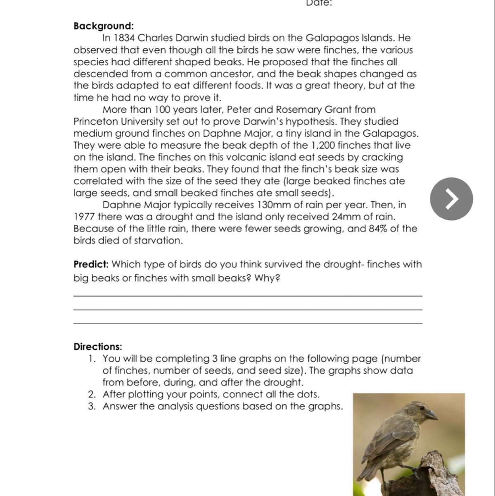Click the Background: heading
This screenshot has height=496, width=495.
tap(104, 26)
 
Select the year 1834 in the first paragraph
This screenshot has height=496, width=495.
tap(124, 38)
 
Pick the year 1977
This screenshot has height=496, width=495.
tap(84, 217)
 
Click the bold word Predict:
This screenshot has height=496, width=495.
tap(91, 265)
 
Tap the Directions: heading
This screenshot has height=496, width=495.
tap(98, 347)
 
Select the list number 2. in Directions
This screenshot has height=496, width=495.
tap(92, 394)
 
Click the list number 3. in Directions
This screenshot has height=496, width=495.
tap(92, 406)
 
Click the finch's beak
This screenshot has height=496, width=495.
tap(431, 415)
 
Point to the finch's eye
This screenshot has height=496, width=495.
tap(422, 408)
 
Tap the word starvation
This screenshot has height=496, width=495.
tap(159, 241)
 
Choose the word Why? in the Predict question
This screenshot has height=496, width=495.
tap(268, 278)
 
